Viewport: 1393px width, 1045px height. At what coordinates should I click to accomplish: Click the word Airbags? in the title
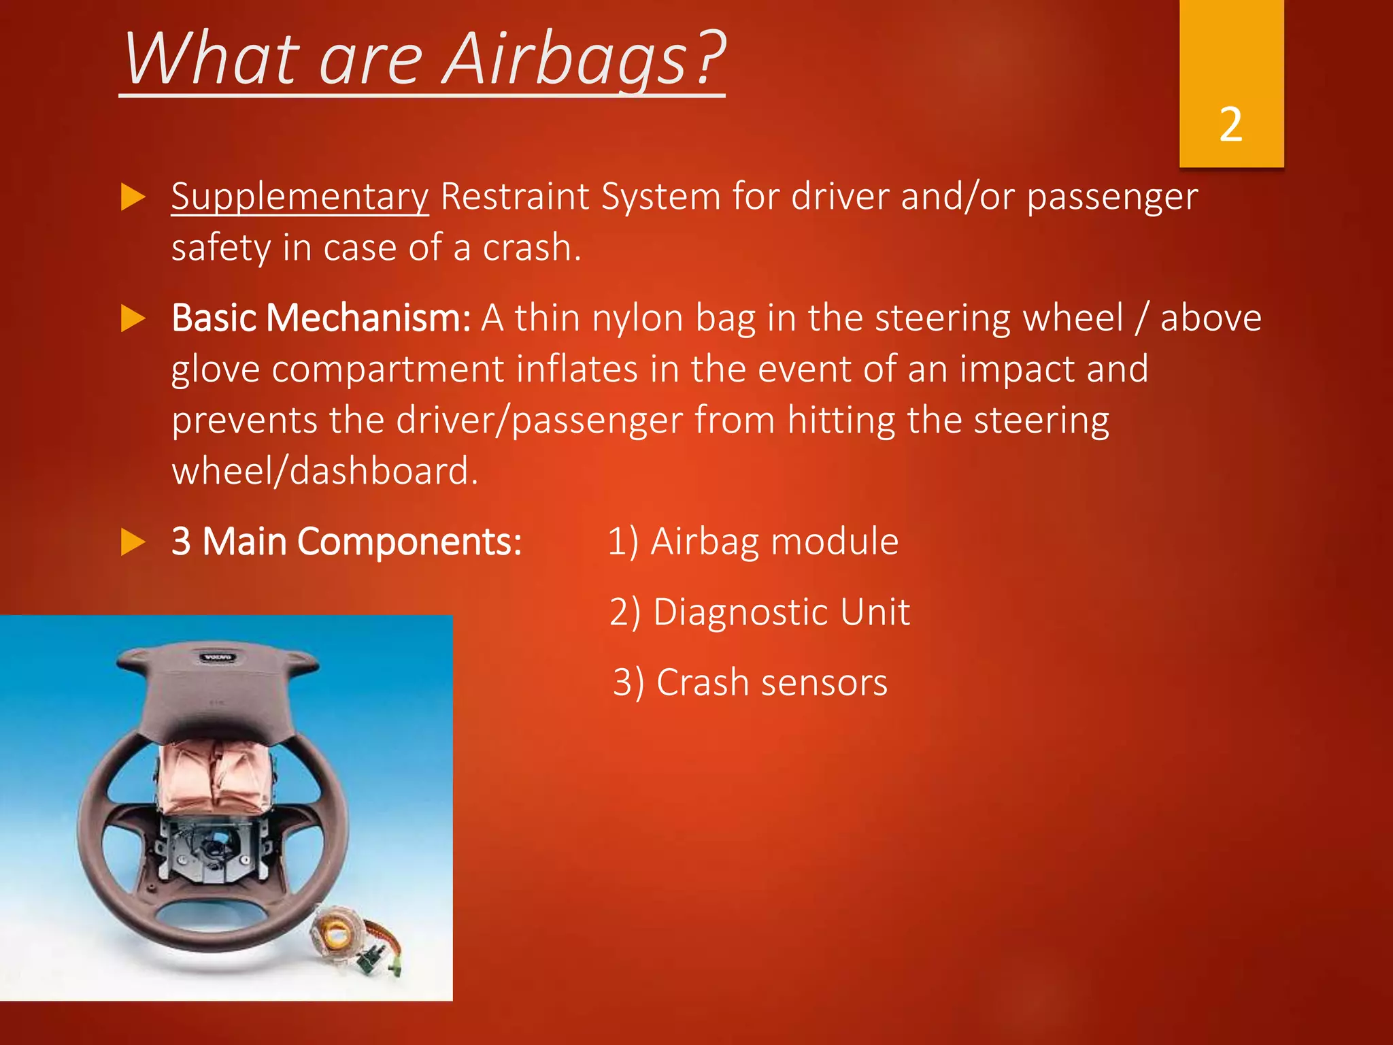pyautogui.click(x=585, y=60)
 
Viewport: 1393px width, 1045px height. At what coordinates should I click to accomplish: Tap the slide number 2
pyautogui.click(x=1231, y=125)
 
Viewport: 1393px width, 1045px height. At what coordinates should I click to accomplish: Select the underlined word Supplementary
pyautogui.click(x=299, y=197)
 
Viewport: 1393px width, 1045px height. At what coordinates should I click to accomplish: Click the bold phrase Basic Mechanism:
pyautogui.click(x=321, y=318)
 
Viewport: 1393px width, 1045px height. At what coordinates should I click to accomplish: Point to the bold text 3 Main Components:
pyautogui.click(x=346, y=542)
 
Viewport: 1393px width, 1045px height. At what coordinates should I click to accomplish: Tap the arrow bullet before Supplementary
pyautogui.click(x=133, y=198)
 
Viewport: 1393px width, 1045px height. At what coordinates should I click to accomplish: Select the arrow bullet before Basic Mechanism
pyautogui.click(x=133, y=319)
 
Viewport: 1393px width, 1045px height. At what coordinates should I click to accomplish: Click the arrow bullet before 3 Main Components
pyautogui.click(x=133, y=543)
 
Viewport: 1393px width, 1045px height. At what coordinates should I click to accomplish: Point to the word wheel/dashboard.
pyautogui.click(x=325, y=471)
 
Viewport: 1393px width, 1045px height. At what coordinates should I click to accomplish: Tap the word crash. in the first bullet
pyautogui.click(x=532, y=248)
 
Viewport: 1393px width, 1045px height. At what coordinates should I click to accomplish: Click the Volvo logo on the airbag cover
pyautogui.click(x=218, y=657)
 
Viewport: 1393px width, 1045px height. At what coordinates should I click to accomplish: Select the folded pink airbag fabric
pyautogui.click(x=212, y=776)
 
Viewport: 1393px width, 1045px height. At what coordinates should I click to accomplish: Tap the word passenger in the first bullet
pyautogui.click(x=1111, y=197)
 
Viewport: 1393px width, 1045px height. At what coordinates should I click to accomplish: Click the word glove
pyautogui.click(x=216, y=369)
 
